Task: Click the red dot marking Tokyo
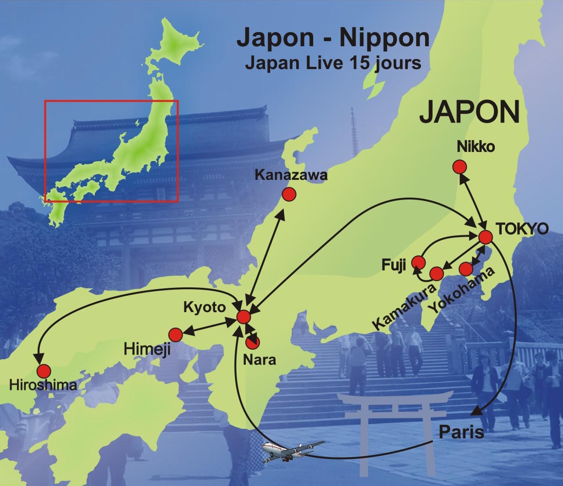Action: tap(485, 238)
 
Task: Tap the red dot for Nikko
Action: tap(459, 167)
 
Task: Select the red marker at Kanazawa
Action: tap(289, 194)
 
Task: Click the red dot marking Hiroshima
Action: tap(44, 371)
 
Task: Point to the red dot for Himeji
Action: tap(175, 335)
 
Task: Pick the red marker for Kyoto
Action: tap(244, 317)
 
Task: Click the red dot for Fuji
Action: tap(418, 262)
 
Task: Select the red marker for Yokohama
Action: tap(466, 269)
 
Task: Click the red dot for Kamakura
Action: tap(437, 274)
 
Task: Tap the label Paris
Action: tap(461, 432)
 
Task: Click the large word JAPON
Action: tap(469, 112)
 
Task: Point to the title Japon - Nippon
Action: tap(333, 38)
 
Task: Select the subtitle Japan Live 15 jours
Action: tap(333, 63)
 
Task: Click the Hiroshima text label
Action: tap(43, 385)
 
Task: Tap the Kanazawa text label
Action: tap(291, 175)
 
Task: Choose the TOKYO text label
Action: tap(522, 229)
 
